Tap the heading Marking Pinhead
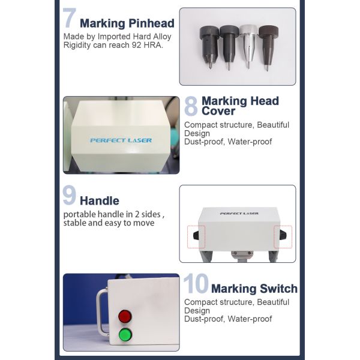[x=127, y=24]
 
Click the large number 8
[x=190, y=106]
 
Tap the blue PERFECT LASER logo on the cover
[x=121, y=140]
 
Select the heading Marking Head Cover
[x=240, y=106]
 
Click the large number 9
[x=70, y=196]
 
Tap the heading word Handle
[x=100, y=201]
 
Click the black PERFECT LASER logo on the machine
[x=238, y=213]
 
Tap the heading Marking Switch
[x=254, y=289]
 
